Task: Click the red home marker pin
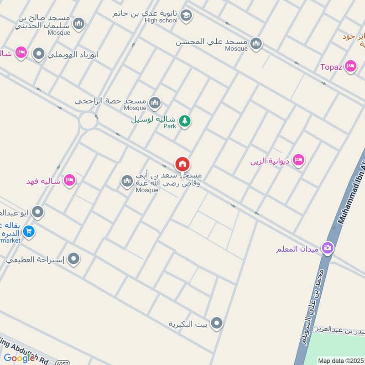point(182,164)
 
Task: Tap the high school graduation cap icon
point(186,16)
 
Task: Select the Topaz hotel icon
point(350,67)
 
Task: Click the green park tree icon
point(184,121)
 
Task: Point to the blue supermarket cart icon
point(29,232)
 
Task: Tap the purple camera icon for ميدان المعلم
point(327,248)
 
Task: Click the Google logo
point(19,358)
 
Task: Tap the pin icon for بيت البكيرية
point(217,323)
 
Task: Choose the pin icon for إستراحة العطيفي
point(73,260)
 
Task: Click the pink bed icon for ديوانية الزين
point(298,160)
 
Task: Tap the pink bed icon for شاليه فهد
point(69,180)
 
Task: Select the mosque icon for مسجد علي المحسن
point(256,44)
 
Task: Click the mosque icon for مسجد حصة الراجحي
point(155,103)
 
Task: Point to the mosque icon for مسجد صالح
point(79,24)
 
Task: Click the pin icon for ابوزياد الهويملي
point(39,54)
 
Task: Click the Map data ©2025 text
point(340,361)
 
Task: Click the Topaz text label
point(331,67)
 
